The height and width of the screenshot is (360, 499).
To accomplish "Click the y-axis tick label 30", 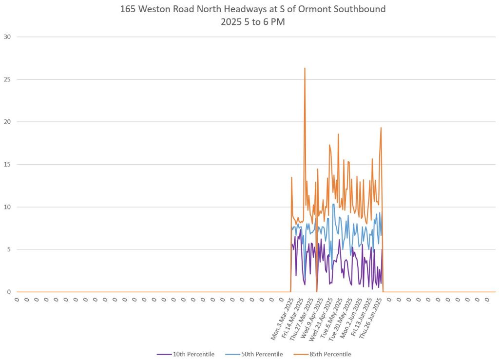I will click(7, 37).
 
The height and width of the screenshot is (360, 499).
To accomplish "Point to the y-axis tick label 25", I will click(7, 79).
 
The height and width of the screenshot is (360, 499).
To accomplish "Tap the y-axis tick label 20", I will click(7, 122).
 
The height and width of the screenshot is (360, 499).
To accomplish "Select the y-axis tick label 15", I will click(7, 164).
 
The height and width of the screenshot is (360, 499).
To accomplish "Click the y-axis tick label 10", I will click(7, 207).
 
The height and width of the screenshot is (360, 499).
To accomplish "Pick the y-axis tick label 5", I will click(9, 249).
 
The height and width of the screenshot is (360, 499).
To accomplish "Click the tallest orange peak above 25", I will click(305, 68).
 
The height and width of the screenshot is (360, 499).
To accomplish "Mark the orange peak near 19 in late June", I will click(381, 128).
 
